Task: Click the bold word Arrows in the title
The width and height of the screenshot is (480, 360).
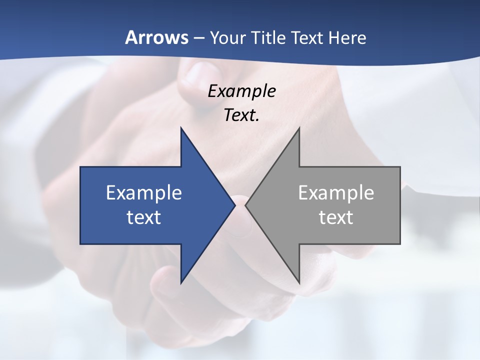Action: pyautogui.click(x=156, y=37)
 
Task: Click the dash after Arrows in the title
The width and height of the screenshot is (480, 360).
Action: pyautogui.click(x=198, y=38)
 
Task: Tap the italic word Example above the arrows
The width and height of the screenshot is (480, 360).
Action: pyautogui.click(x=241, y=91)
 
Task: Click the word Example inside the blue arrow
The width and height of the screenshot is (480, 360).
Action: pyautogui.click(x=144, y=193)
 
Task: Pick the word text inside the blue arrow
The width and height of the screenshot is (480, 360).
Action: pyautogui.click(x=144, y=217)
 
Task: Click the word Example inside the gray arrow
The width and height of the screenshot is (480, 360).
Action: pyautogui.click(x=336, y=193)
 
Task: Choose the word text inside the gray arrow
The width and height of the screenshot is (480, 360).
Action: pyautogui.click(x=336, y=217)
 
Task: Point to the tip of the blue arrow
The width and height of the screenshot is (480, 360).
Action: pyautogui.click(x=234, y=205)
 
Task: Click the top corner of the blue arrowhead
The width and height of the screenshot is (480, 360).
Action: pyautogui.click(x=181, y=128)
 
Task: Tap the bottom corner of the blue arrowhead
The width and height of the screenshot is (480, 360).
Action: pyautogui.click(x=181, y=282)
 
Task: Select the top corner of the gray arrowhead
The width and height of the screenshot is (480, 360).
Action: pyautogui.click(x=299, y=128)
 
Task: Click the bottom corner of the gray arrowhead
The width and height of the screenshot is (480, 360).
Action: pyautogui.click(x=299, y=282)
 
